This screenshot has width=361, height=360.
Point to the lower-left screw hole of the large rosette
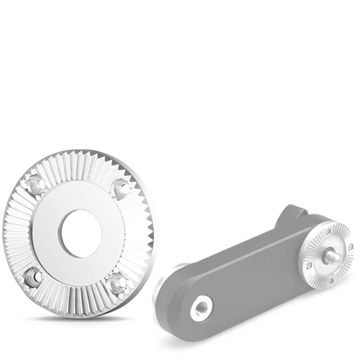pyautogui.click(x=33, y=276)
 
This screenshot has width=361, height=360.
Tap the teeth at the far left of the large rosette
pyautogui.click(x=13, y=231)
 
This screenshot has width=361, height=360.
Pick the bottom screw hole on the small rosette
pyautogui.click(x=330, y=279)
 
